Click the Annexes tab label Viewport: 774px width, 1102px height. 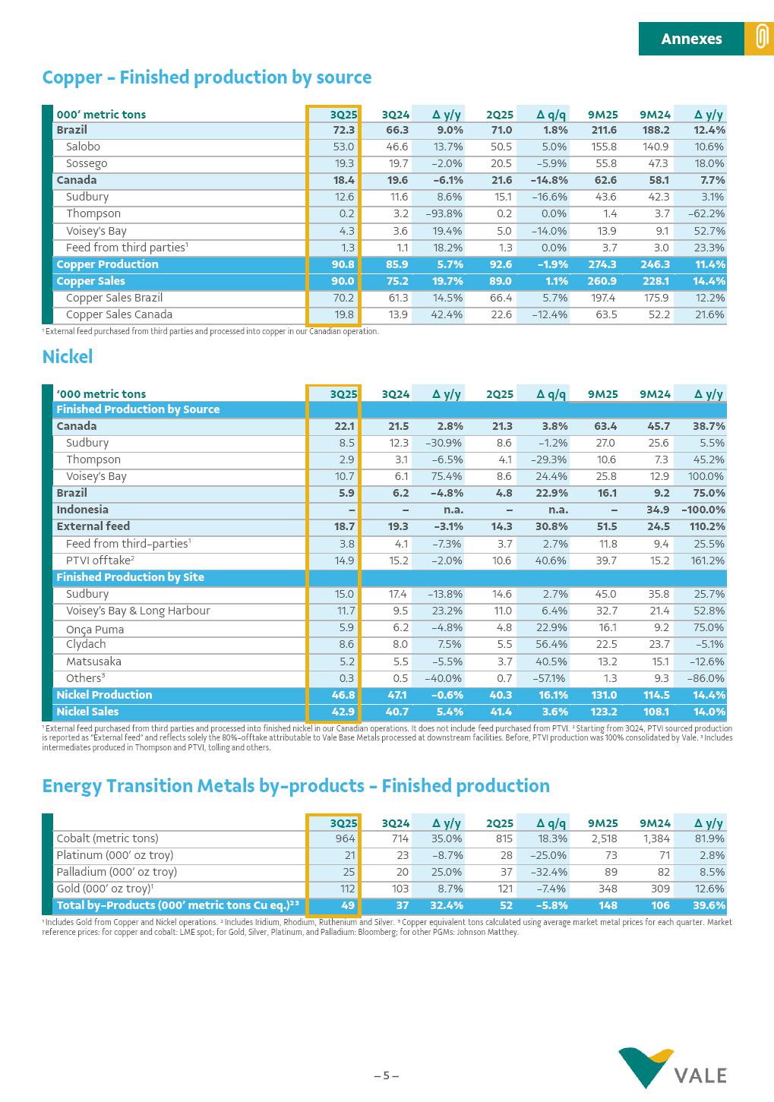(691, 39)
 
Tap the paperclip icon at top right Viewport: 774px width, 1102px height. (759, 39)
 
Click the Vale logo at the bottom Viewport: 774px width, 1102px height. (672, 1068)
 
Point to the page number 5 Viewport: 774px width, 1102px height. (386, 1075)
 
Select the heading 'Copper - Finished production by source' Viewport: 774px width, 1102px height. (207, 77)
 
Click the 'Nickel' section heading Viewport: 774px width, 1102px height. (68, 357)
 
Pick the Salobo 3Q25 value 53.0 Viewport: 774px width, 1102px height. (343, 147)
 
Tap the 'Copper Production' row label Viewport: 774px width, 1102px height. (107, 264)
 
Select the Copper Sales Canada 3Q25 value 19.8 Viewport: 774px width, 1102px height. (343, 314)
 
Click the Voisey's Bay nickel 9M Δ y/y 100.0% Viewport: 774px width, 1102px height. (706, 476)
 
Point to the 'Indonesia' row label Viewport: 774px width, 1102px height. (82, 510)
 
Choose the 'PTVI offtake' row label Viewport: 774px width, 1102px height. (100, 560)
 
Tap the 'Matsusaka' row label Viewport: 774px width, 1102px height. (93, 662)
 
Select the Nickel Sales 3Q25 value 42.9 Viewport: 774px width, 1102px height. (343, 712)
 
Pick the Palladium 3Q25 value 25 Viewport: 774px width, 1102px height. (349, 872)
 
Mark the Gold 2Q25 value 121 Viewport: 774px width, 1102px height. (503, 889)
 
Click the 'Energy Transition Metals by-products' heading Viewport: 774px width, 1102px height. (295, 786)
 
